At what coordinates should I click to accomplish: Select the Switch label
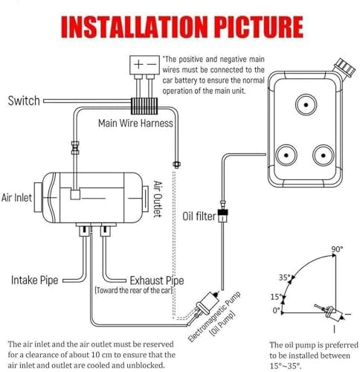pyautogui.click(x=25, y=100)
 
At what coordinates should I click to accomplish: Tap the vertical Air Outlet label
pyautogui.click(x=158, y=199)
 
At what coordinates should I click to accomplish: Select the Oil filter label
pyautogui.click(x=199, y=217)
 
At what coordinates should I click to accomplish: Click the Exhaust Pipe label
pyautogui.click(x=157, y=280)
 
